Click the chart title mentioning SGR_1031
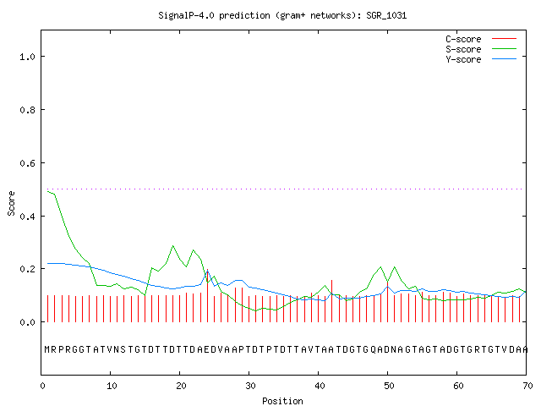coord(282,16)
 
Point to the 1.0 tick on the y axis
coord(27,57)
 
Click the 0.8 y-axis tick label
coord(27,110)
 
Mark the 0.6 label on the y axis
coord(27,163)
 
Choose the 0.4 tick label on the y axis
coord(27,217)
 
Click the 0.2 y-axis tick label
coord(27,269)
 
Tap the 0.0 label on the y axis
coord(27,322)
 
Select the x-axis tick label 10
coord(112,386)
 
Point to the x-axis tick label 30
coord(250,386)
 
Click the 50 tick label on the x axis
coord(389,386)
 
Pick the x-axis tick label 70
coord(527,386)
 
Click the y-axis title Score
coord(11,204)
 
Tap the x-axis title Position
coord(282,401)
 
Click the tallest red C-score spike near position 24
coord(207,295)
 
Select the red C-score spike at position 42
coord(332,301)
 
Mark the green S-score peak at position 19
coord(172,246)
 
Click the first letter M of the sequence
coord(47,349)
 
